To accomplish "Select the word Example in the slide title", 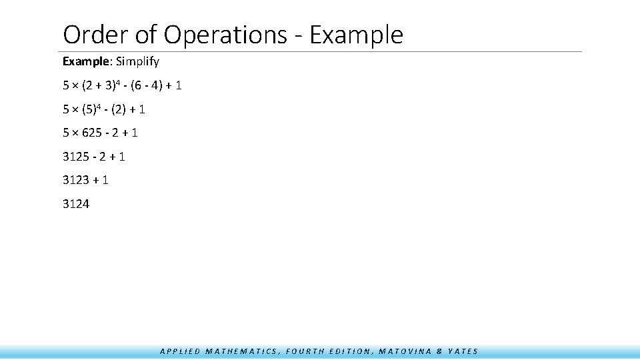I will [x=357, y=35].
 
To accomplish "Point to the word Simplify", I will [x=138, y=62].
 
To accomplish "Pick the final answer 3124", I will [x=76, y=204].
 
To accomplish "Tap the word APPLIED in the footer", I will [x=180, y=351].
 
